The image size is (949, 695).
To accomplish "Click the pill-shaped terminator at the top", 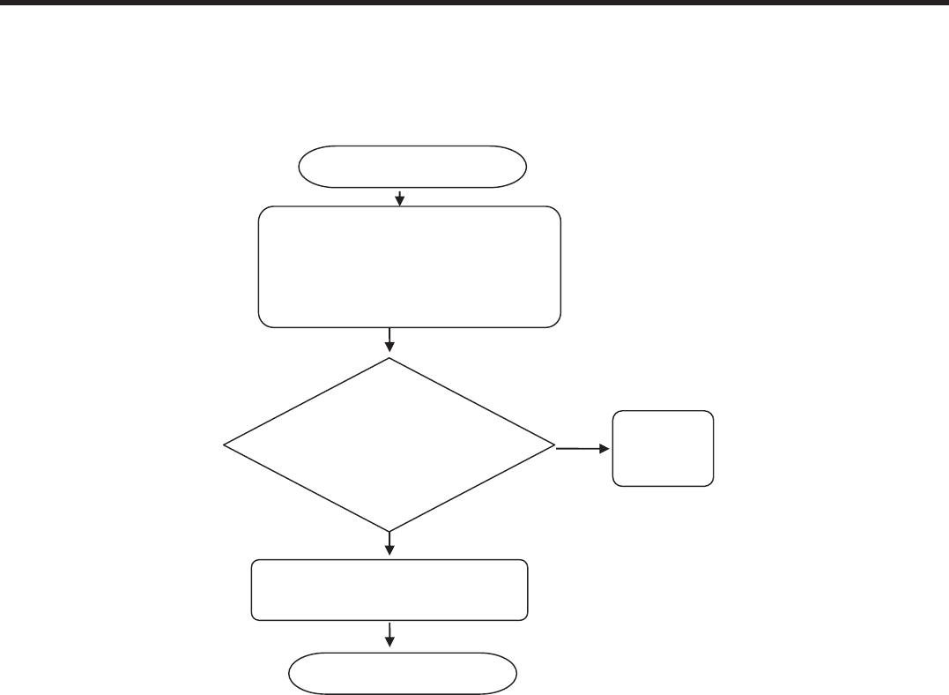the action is click(412, 167).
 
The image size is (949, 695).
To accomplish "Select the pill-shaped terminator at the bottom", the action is click(404, 674).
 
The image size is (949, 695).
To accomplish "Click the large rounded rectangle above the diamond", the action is click(410, 267).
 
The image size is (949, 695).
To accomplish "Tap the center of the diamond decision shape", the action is click(389, 445).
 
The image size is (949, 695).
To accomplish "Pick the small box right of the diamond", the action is click(663, 448).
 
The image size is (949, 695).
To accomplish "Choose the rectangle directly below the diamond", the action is click(389, 589).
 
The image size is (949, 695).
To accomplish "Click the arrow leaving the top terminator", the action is click(400, 197).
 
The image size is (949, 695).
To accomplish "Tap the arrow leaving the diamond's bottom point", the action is click(389, 545).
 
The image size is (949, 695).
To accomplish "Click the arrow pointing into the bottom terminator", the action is click(389, 637).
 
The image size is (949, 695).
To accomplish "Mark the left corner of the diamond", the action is click(225, 445).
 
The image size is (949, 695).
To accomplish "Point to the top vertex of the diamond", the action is click(389, 357).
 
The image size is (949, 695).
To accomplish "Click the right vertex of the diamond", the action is click(555, 445).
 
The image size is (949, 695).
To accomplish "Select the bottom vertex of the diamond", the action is click(389, 532).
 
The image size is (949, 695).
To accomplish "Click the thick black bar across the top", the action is click(474, 4).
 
